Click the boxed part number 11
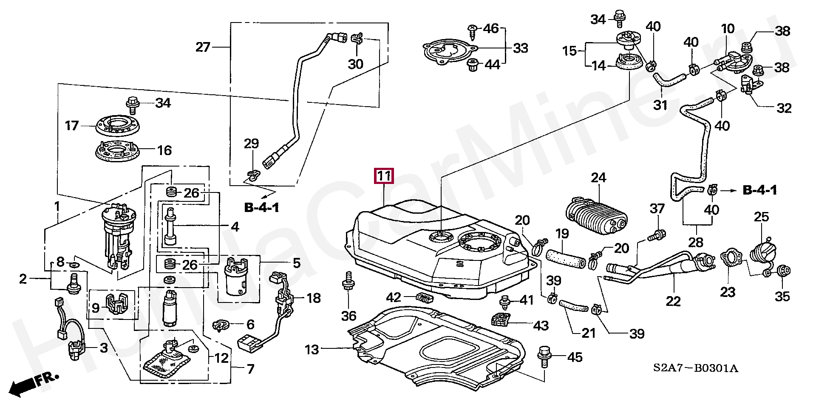pos(384,176)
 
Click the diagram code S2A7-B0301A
pos(696,368)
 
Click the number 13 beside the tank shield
pos(312,350)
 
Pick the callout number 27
pos(203,47)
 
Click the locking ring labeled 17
pos(117,125)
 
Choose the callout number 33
pos(520,48)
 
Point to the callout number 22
pos(673,301)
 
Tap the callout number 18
pos(313,298)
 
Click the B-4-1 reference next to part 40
pos(759,190)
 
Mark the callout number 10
pos(728,29)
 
